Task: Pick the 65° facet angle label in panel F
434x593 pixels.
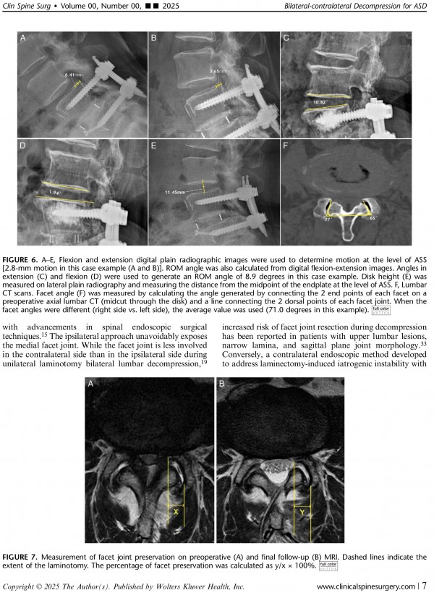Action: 372,217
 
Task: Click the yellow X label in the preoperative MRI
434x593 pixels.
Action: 176,511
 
